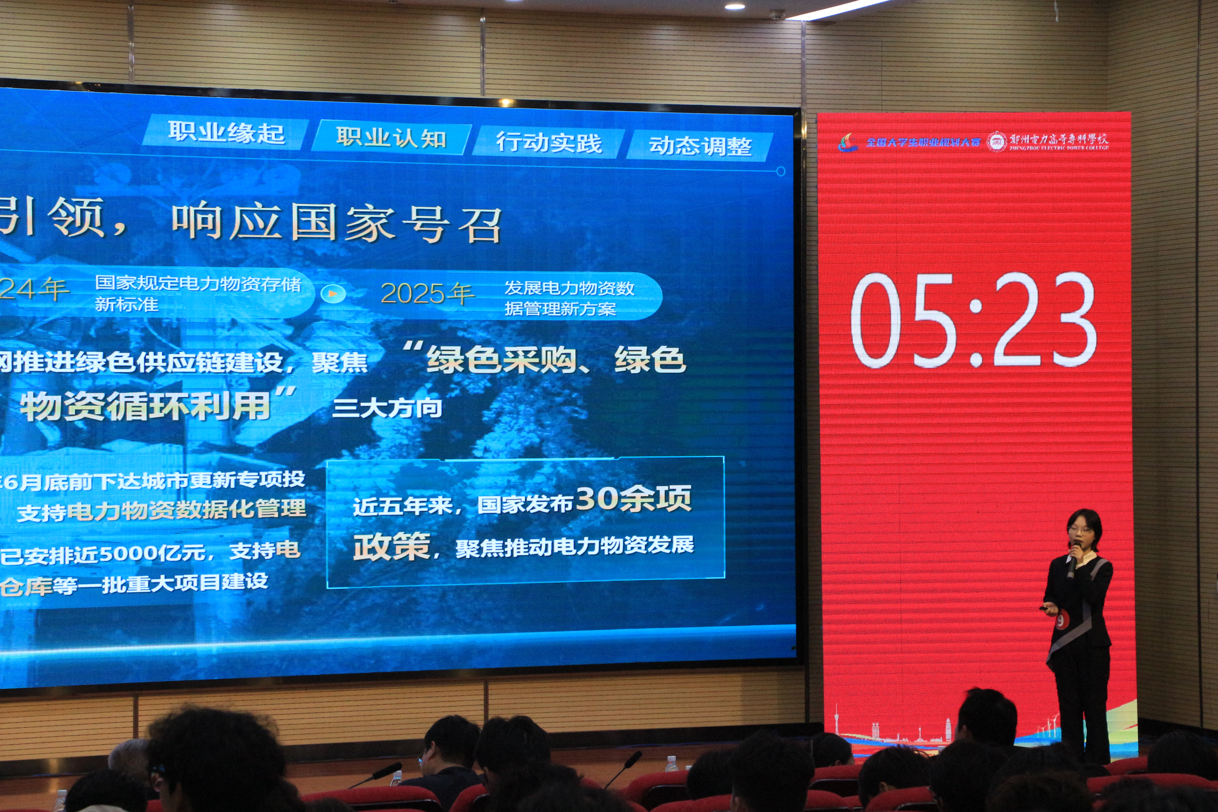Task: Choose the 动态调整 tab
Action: (700, 146)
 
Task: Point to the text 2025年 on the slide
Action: (427, 294)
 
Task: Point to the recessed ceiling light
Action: (734, 6)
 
